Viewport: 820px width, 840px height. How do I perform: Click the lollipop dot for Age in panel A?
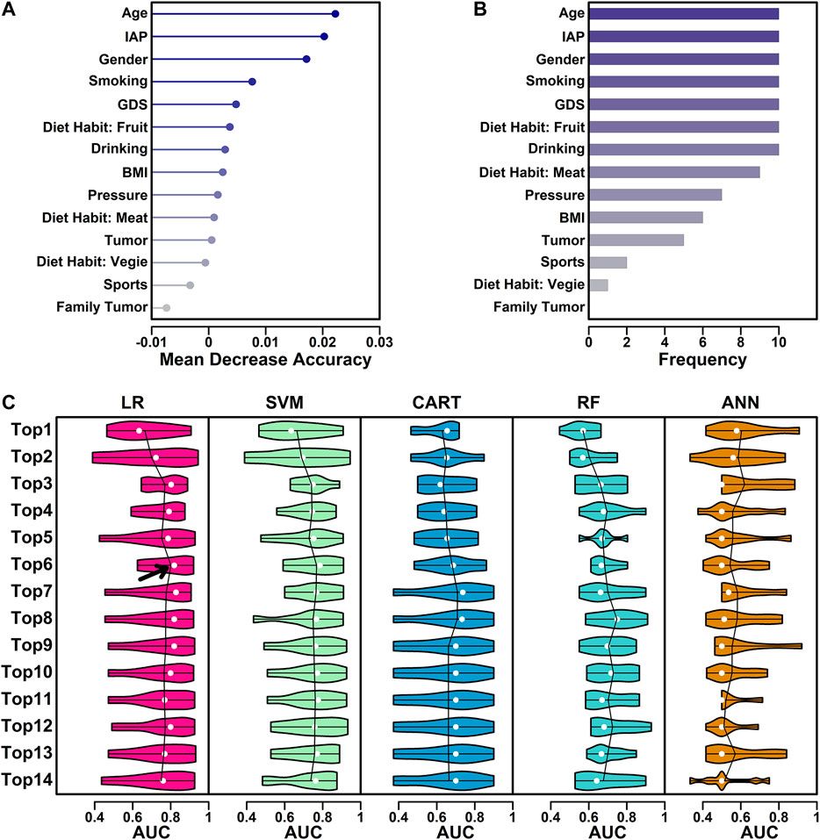coord(335,14)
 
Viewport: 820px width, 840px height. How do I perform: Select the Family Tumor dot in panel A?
coord(166,307)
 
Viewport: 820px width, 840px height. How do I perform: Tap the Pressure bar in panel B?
coord(655,194)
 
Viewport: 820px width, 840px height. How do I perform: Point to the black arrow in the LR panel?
coord(154,571)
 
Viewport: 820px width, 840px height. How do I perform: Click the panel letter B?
coord(479,10)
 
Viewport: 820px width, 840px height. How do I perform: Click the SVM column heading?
coord(285,402)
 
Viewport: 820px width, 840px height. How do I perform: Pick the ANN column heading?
coord(739,402)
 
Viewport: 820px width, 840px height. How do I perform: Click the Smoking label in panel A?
coord(118,83)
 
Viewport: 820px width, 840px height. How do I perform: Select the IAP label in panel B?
coord(571,37)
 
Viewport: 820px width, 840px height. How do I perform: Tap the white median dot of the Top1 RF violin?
coord(583,430)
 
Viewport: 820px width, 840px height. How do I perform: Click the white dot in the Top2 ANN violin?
coord(733,457)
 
